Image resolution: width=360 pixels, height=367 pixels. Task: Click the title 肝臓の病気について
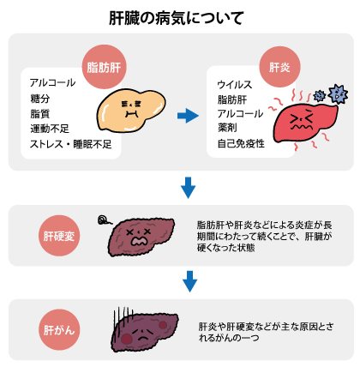pos(177,18)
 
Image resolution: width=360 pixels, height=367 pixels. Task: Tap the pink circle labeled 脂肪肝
pos(104,67)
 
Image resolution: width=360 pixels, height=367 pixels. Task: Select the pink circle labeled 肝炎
pos(279,67)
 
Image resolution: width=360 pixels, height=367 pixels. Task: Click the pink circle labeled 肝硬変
pos(59,236)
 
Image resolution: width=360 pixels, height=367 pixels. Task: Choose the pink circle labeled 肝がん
pos(59,330)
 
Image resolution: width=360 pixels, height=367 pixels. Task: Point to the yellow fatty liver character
pos(131,110)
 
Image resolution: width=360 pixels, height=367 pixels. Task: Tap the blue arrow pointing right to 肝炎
pos(188,116)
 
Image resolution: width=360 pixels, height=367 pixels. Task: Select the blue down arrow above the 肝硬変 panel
pos(188,188)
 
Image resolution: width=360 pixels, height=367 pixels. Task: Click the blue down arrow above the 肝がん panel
pos(189,281)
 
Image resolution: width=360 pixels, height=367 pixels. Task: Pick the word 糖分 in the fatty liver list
pos(40,99)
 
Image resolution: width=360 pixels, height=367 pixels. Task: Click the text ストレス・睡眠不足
pos(71,144)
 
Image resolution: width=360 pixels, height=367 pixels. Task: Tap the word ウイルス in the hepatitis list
pos(235,85)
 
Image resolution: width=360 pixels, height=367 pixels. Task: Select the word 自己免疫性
pos(241,143)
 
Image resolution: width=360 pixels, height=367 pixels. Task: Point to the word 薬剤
pos(227,128)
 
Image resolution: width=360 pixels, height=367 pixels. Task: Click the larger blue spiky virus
pos(338,94)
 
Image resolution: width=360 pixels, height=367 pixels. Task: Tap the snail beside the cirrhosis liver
pos(104,220)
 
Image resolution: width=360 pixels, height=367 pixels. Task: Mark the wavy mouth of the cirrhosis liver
pos(139,241)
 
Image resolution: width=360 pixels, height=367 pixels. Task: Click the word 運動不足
pos(50,129)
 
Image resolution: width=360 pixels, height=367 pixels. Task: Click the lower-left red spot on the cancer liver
pos(126,339)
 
